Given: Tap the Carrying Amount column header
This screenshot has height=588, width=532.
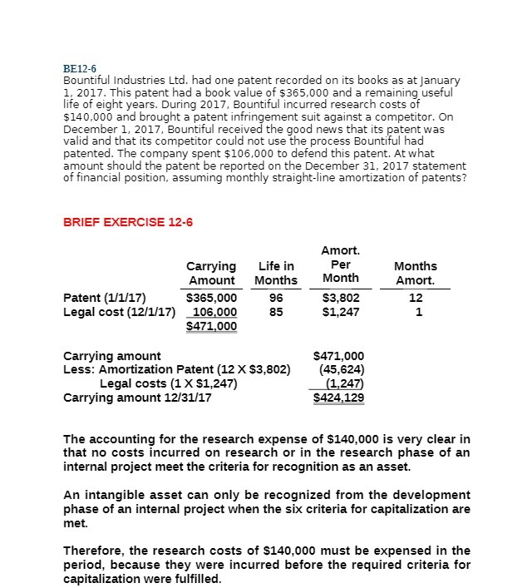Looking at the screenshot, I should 212,274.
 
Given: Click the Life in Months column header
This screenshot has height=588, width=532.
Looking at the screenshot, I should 276,274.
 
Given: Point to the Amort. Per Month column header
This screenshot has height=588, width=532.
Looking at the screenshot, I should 341,264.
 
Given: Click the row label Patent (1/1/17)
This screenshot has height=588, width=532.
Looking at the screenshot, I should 105,297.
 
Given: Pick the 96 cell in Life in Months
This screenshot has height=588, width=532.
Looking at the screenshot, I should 276,297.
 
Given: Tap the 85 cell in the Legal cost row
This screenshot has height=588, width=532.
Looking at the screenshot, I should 276,312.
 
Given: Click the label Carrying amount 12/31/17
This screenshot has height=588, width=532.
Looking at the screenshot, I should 137,398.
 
